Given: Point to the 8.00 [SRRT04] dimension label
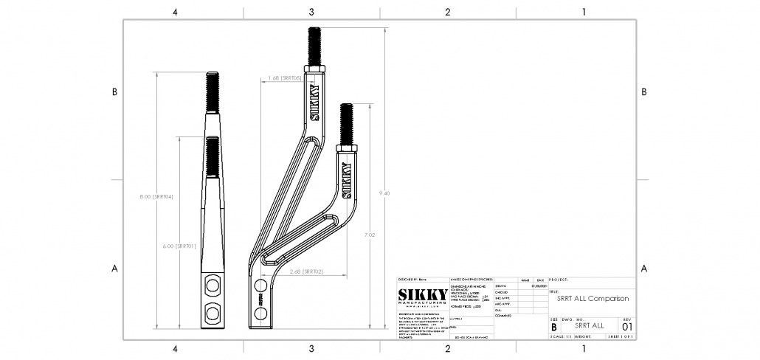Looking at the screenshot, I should pyautogui.click(x=156, y=197).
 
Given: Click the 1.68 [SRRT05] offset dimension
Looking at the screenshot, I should pyautogui.click(x=284, y=77).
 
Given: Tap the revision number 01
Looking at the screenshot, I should pyautogui.click(x=627, y=325).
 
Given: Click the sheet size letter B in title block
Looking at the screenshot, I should pyautogui.click(x=554, y=325).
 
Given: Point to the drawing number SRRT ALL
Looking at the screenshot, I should pyautogui.click(x=589, y=325).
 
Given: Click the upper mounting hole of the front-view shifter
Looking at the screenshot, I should pyautogui.click(x=213, y=285).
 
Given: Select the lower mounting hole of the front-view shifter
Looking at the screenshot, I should pyautogui.click(x=213, y=314).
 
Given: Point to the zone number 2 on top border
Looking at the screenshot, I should pyautogui.click(x=447, y=12).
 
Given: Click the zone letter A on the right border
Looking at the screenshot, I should pyautogui.click(x=644, y=269).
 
